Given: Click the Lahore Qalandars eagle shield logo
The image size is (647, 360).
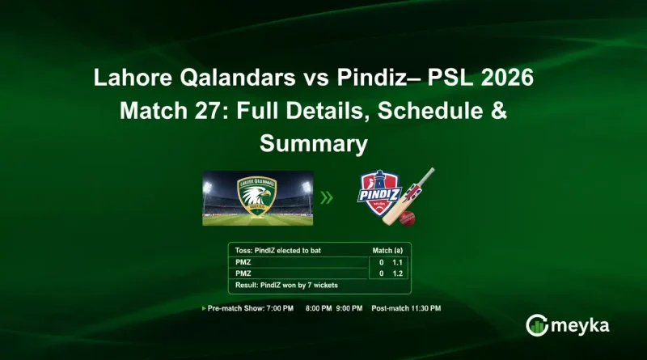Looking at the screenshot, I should (x=257, y=197).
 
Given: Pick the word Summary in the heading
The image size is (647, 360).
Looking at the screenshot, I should (x=314, y=144).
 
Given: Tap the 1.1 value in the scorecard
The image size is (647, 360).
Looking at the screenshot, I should (x=397, y=263).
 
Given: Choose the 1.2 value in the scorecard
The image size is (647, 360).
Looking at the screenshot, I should (x=397, y=274).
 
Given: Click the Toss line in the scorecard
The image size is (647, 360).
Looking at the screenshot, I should (x=278, y=251).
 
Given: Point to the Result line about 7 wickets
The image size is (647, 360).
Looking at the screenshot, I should (x=286, y=286).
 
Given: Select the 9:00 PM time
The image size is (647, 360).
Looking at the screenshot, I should (x=350, y=309).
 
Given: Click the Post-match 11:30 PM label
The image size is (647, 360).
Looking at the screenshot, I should (x=407, y=309).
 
